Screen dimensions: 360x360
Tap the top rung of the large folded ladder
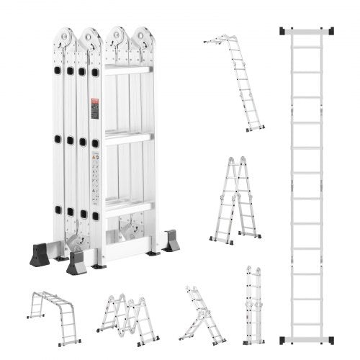tap(128, 69)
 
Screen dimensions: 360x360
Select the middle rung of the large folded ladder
tap(128, 138)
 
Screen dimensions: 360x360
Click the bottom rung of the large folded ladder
tap(128, 208)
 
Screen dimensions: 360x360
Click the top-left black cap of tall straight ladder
tap(282, 31)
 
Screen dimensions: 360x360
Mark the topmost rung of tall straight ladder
tap(306, 47)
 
